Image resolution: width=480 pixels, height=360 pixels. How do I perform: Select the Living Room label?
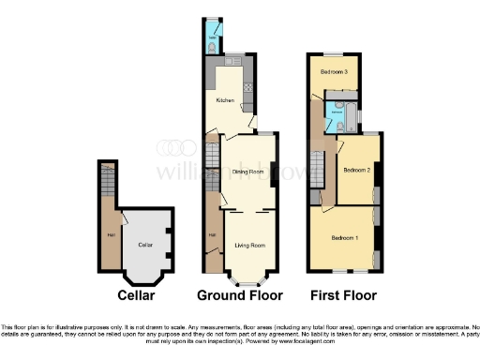(249, 245)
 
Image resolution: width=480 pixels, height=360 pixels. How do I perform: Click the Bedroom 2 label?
(357, 171)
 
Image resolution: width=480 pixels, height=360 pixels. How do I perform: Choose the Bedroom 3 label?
(335, 72)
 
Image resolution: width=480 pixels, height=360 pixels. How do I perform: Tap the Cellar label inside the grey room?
(144, 244)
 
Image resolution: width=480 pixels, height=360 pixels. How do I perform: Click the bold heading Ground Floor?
(239, 295)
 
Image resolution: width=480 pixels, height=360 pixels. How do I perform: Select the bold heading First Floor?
(343, 295)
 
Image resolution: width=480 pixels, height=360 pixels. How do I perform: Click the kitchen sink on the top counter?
(232, 59)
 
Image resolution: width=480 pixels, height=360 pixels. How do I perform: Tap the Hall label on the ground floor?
(212, 234)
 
